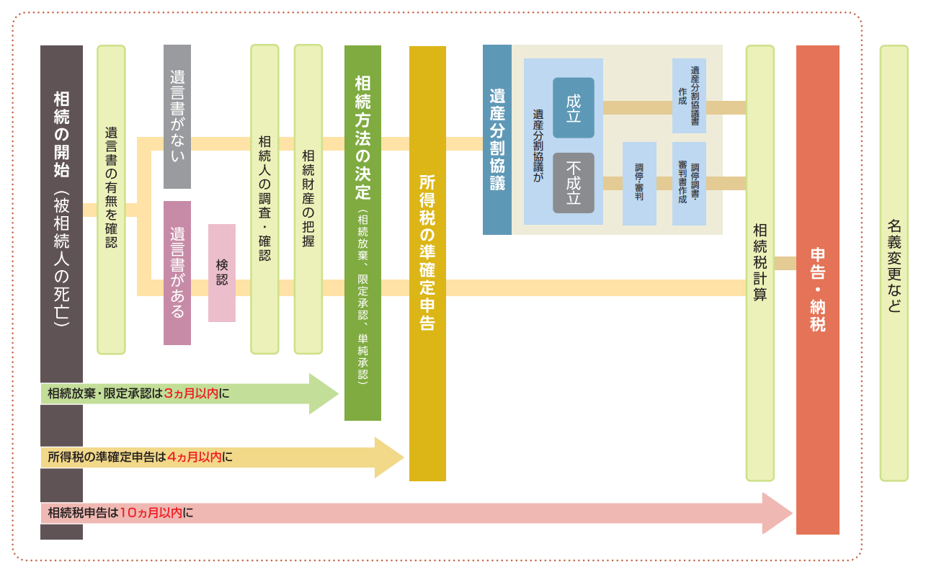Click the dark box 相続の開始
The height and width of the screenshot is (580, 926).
(x=61, y=209)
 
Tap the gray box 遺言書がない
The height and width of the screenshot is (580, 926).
(x=177, y=116)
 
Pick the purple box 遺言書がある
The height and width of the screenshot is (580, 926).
(x=177, y=272)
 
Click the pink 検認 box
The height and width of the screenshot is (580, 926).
(x=222, y=273)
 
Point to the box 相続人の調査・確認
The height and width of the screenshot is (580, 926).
(x=264, y=199)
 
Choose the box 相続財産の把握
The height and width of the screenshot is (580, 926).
(x=308, y=199)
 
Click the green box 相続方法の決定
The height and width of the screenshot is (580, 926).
(x=362, y=232)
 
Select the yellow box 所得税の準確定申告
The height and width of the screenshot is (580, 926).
(x=427, y=263)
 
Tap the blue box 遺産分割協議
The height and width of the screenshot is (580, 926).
(x=497, y=140)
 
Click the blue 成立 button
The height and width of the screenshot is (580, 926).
(x=574, y=107)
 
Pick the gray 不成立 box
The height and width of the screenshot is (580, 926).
(x=574, y=183)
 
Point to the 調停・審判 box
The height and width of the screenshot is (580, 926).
(x=639, y=183)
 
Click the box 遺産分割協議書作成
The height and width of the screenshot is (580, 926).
(x=689, y=96)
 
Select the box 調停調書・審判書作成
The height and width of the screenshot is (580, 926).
(x=689, y=183)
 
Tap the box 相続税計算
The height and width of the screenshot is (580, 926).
(x=760, y=263)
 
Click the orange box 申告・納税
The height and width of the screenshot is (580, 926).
(x=818, y=290)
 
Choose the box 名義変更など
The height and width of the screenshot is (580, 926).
(x=894, y=263)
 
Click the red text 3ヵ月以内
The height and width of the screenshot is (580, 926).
(x=191, y=393)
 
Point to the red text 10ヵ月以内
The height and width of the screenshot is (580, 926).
(x=151, y=513)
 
